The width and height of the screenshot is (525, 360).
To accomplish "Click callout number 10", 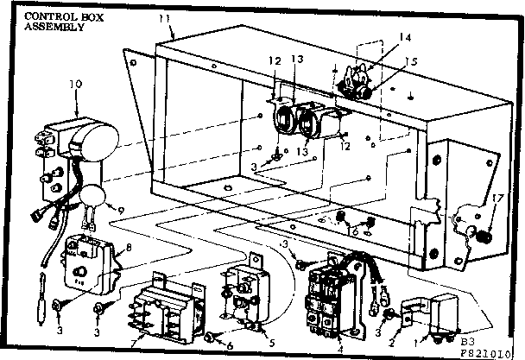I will (75, 85).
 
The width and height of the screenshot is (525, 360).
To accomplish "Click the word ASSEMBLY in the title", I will (54, 27).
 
